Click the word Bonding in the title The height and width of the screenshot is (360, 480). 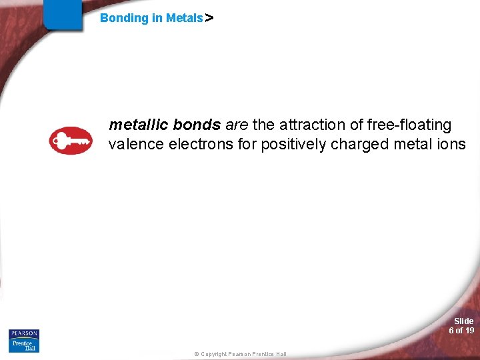coord(124,18)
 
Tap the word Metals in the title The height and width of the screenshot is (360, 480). coord(184,18)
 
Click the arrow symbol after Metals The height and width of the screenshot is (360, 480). coord(209,19)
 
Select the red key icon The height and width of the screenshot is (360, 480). coord(71,141)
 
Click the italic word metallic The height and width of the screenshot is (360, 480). coord(138,125)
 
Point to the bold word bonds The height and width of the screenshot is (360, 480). coord(197,125)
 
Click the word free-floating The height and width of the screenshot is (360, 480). coord(410,125)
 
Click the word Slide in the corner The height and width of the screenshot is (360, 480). coord(463,321)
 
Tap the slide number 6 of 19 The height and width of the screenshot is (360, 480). coord(461,331)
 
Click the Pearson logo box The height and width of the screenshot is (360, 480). coord(24,333)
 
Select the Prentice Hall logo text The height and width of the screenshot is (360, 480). coord(24,345)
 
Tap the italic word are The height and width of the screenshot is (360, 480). coord(237,125)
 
